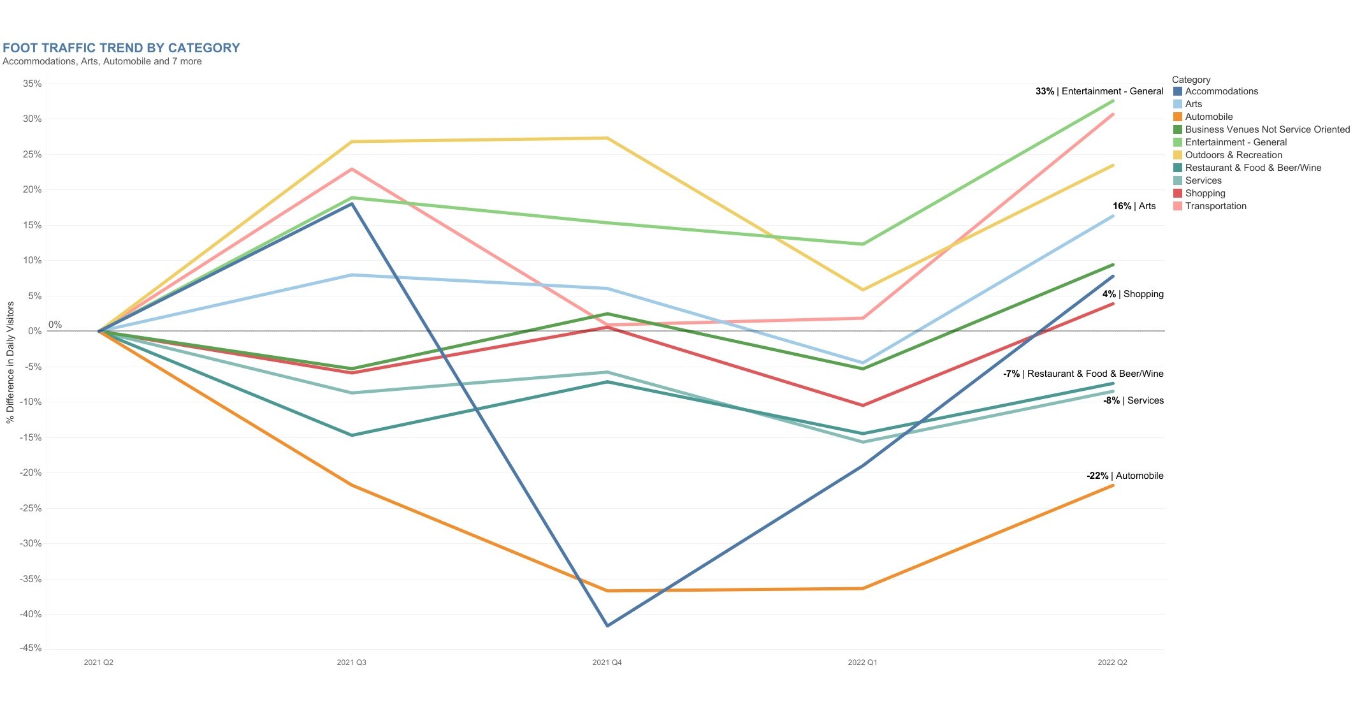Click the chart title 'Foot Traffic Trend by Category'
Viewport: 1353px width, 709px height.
[121, 48]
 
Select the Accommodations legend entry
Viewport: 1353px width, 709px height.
[1220, 91]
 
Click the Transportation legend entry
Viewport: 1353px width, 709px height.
[1215, 206]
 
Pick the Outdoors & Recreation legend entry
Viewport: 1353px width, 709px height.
[1233, 155]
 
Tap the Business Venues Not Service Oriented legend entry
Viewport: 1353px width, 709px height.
[1266, 129]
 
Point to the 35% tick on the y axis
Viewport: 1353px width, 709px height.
[32, 84]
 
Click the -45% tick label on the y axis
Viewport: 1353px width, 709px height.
[31, 648]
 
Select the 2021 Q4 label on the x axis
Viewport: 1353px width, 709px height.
[607, 662]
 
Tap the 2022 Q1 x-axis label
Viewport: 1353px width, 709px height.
[862, 662]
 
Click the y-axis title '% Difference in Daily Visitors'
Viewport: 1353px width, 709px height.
[10, 362]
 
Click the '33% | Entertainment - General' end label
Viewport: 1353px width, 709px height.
[1099, 91]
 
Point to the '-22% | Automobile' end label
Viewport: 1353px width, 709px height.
[1124, 476]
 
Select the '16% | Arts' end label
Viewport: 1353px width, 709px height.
[1134, 206]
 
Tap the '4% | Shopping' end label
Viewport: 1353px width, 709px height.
[1132, 294]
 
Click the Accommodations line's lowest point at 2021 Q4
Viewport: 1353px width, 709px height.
[607, 625]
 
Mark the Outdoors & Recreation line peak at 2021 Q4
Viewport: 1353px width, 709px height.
[607, 138]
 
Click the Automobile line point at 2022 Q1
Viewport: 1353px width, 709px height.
[863, 588]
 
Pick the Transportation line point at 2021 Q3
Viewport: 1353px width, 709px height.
[352, 169]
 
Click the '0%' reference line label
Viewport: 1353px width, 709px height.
[55, 325]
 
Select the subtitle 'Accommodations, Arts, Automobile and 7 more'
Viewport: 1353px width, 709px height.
[102, 61]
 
